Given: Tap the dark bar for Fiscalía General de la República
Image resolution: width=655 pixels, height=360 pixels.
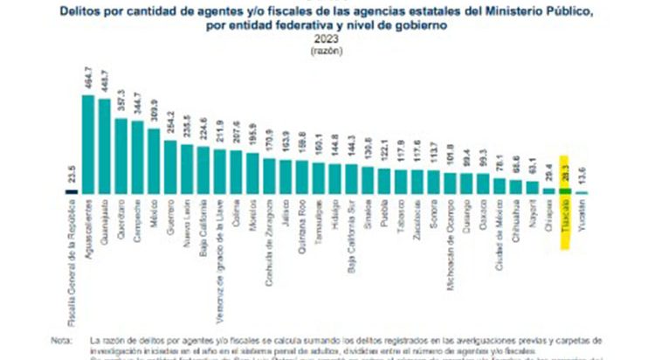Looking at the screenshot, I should pyautogui.click(x=72, y=190).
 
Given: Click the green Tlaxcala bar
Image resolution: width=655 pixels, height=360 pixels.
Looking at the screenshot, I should pyautogui.click(x=565, y=190).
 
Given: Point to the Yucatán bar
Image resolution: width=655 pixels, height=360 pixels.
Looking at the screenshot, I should pyautogui.click(x=582, y=191).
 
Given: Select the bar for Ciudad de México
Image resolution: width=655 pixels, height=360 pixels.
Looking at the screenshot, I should pyautogui.click(x=500, y=185).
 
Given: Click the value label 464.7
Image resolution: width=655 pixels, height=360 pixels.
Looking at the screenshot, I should pyautogui.click(x=88, y=77).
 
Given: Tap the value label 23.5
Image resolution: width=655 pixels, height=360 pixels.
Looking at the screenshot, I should pyautogui.click(x=72, y=172).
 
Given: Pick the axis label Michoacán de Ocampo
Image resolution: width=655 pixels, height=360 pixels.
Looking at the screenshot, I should pyautogui.click(x=450, y=235).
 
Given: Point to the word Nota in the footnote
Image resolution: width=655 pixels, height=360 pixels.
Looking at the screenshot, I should pyautogui.click(x=61, y=338).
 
